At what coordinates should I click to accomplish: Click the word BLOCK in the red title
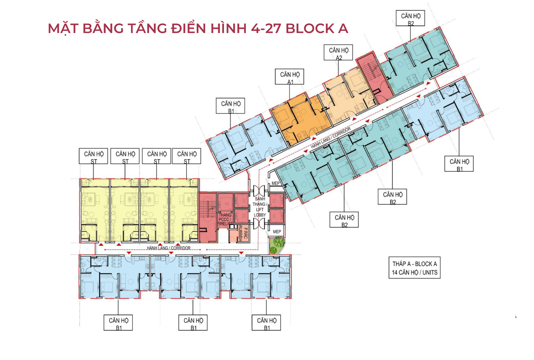coord(310,28)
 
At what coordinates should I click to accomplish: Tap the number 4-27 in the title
coord(266,28)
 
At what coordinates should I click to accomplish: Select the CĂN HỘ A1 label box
coord(290,77)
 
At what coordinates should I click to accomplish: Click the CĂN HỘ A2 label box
coord(338,52)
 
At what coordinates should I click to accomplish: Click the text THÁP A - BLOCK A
coord(414,264)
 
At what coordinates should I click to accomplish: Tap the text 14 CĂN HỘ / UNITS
coord(414,272)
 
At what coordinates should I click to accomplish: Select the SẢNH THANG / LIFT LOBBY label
coord(259,207)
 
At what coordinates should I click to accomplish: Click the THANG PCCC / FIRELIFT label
coord(225,220)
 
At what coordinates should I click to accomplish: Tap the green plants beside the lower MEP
coord(276,245)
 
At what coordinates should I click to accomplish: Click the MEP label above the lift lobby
coord(275,183)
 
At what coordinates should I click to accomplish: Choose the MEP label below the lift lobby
coord(277,231)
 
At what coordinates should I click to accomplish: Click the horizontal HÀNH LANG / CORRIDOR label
coord(169,248)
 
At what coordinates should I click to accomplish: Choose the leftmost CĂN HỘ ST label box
coord(93,156)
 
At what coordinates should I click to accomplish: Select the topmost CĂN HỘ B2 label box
coord(410,18)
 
